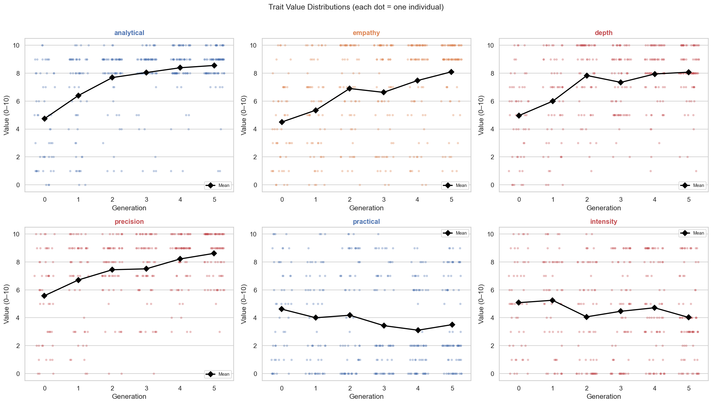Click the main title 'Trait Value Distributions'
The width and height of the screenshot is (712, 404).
point(356,7)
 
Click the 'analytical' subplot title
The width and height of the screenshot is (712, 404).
point(129,33)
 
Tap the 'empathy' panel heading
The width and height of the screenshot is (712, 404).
point(366,33)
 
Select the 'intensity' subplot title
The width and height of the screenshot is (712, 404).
point(603,222)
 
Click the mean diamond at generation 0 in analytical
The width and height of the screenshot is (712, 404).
point(45,119)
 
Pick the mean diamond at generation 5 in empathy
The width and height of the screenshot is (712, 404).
point(451,72)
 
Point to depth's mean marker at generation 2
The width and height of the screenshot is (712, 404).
point(587,76)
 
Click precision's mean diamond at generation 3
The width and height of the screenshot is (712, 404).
point(146,269)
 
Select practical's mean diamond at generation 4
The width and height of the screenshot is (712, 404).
point(418,330)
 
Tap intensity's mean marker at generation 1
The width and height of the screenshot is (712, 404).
point(552,300)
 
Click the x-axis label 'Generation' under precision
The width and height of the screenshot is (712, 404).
point(129,397)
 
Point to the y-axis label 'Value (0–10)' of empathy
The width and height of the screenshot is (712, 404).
point(244,115)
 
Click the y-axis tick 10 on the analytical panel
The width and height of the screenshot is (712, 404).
point(16,46)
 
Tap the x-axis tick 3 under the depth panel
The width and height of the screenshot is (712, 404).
point(621,200)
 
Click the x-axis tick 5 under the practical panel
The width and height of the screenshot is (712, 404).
point(452,388)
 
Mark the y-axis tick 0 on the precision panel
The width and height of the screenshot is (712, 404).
point(18,374)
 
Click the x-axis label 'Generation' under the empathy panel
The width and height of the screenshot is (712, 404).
point(366,208)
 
